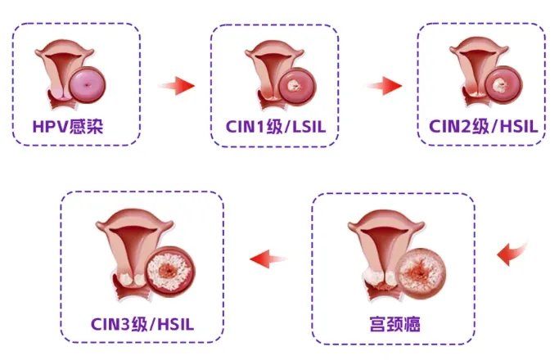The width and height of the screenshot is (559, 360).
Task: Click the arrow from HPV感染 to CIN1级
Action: pyautogui.click(x=176, y=85)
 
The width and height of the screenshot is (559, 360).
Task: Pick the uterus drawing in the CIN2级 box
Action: pyautogui.click(x=472, y=70)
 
